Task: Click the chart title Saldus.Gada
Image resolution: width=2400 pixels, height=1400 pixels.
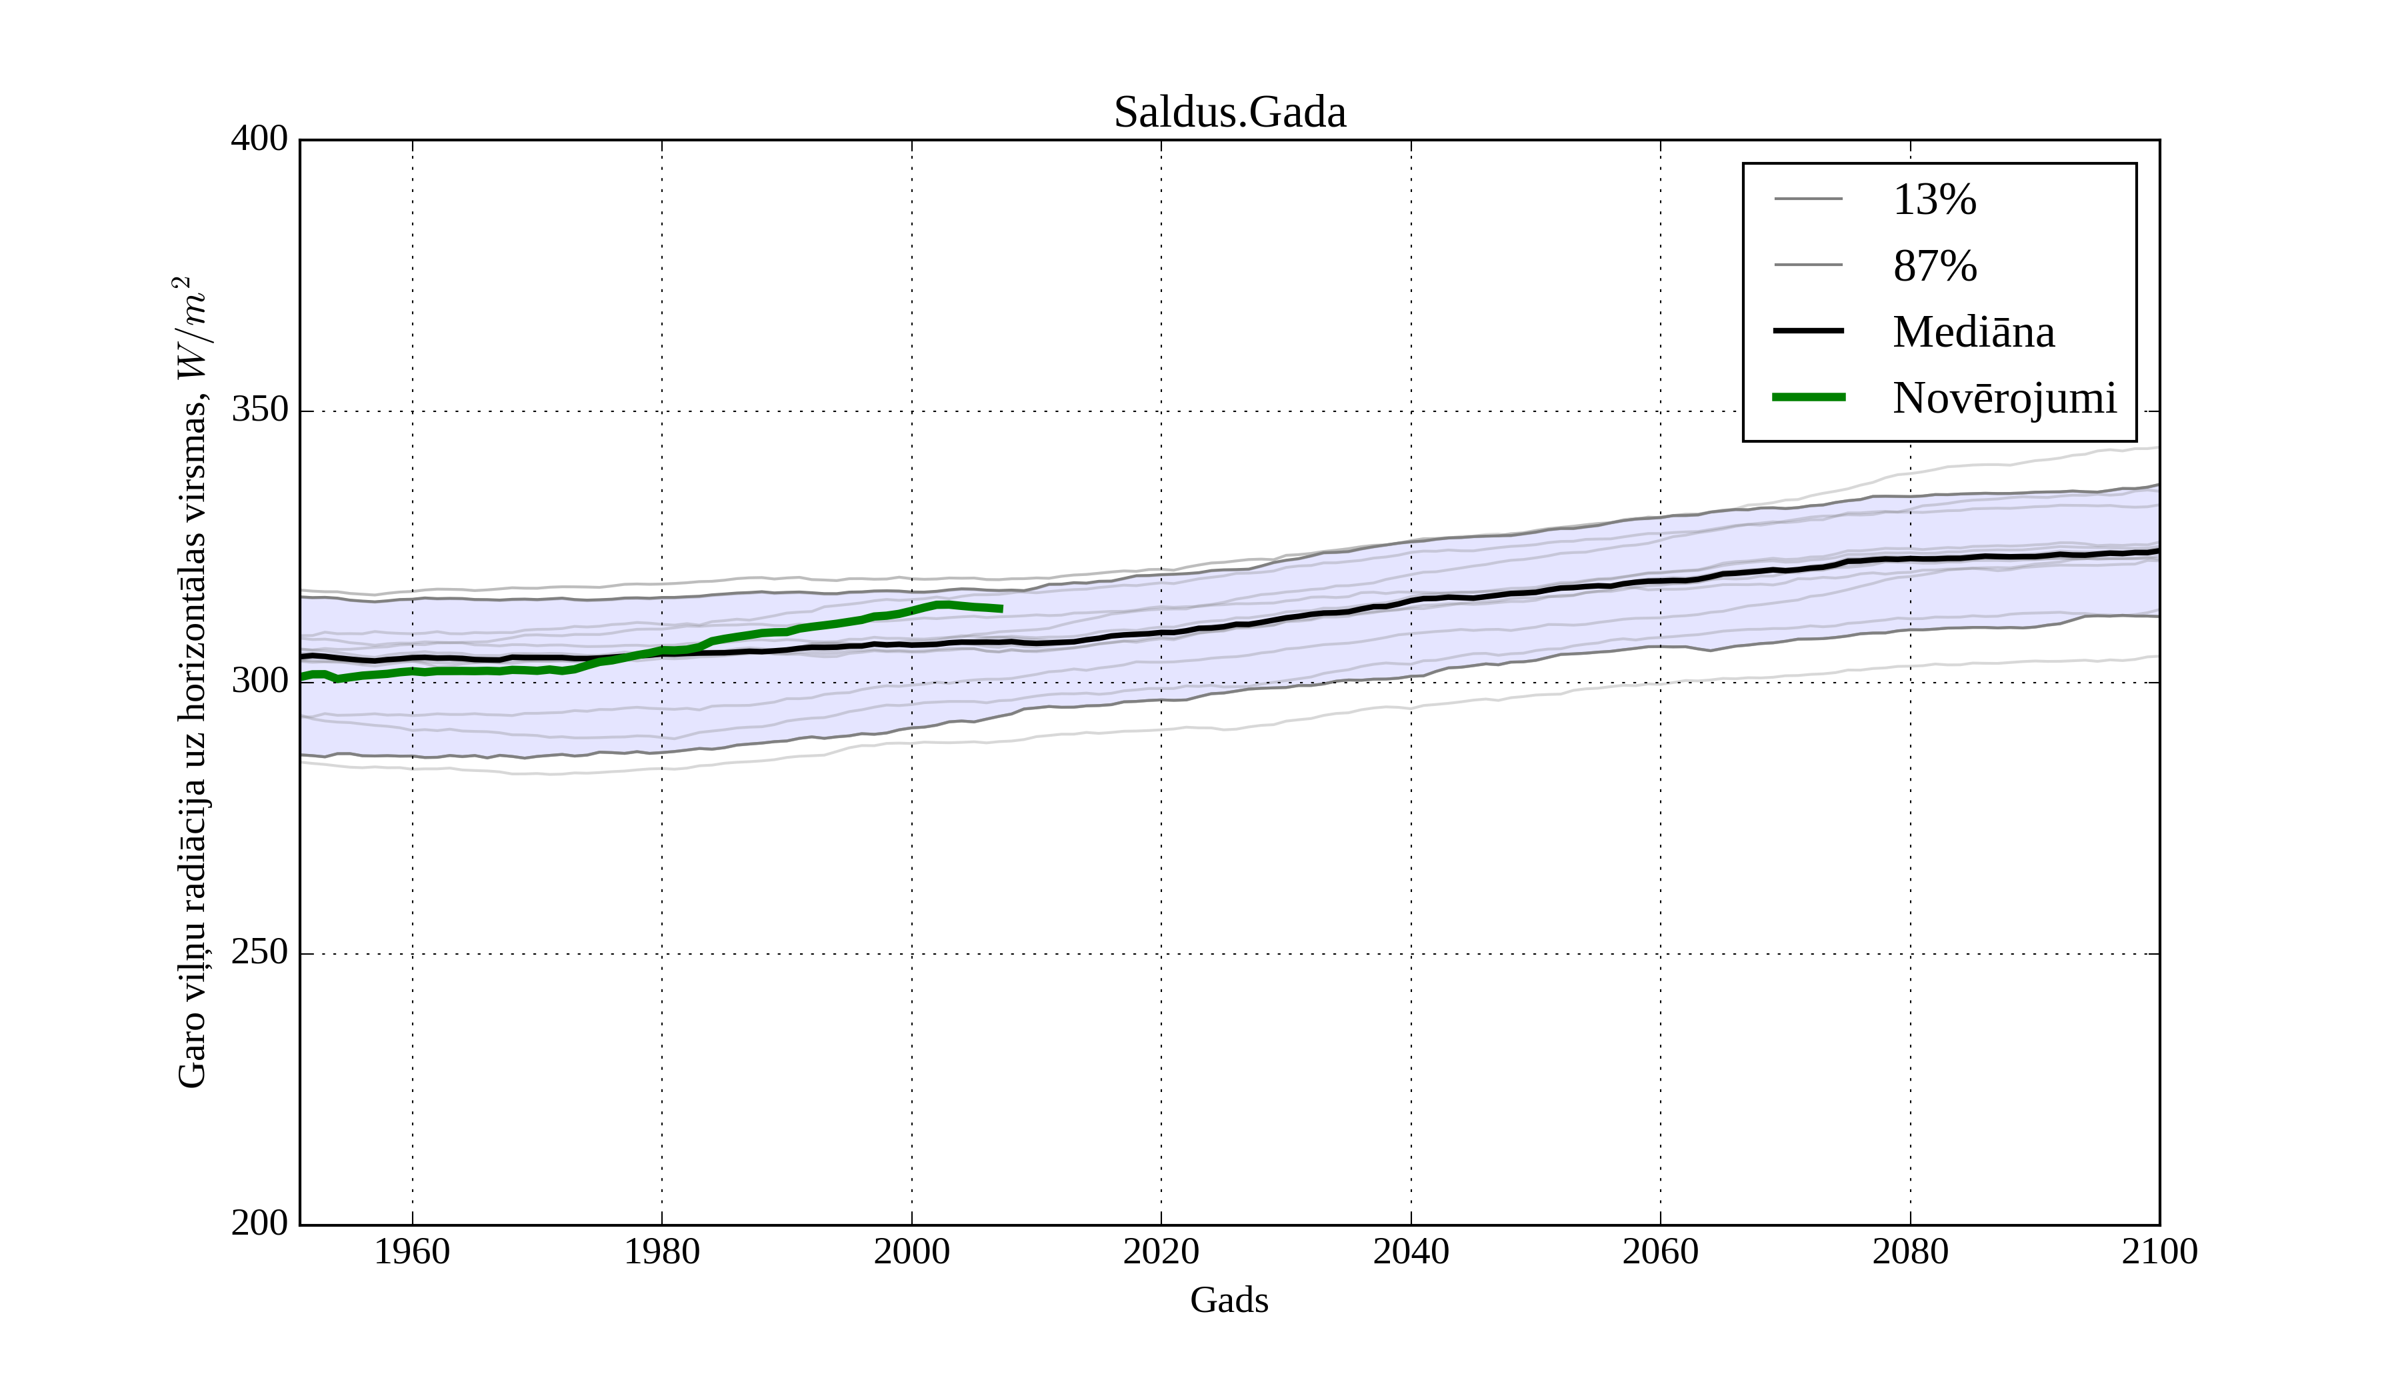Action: (1229, 113)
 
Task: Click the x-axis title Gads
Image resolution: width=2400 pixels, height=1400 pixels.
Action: (1229, 1300)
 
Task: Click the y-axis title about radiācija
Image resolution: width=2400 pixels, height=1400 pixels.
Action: (191, 682)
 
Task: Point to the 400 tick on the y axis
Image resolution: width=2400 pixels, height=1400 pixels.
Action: (259, 139)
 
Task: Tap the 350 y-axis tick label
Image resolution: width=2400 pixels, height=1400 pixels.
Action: (259, 411)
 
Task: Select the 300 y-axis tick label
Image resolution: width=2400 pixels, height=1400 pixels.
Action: (259, 682)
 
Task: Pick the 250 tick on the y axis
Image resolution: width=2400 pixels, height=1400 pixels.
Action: (259, 953)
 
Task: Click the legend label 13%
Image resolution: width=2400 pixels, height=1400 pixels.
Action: (1934, 200)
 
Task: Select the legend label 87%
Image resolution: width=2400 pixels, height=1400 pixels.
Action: (1934, 266)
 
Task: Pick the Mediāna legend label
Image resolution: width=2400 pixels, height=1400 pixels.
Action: (1973, 331)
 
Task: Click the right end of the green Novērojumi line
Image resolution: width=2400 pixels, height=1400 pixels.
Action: (1001, 609)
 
